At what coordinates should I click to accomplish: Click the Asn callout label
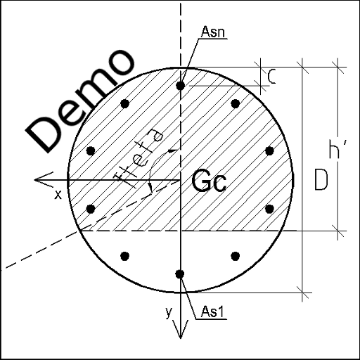(x=213, y=32)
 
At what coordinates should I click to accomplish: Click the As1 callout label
(x=212, y=311)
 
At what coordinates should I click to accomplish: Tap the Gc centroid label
(x=209, y=181)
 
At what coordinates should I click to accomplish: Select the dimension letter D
(x=321, y=179)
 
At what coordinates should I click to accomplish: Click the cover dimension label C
(x=271, y=77)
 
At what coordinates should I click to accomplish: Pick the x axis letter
(x=58, y=195)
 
